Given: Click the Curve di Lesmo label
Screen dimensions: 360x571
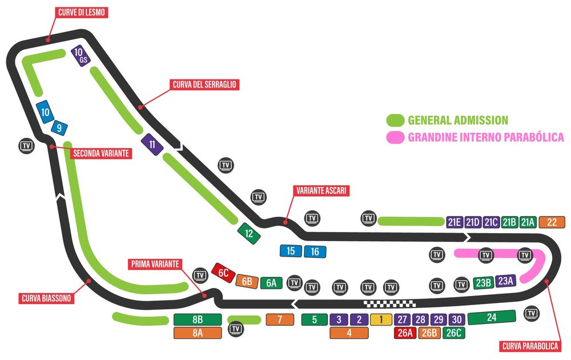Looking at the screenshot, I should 82,12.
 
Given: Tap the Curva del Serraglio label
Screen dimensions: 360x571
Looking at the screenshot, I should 204,85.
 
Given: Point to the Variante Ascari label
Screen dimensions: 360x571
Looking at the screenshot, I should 320,191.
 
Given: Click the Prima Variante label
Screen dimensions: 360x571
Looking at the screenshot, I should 155,264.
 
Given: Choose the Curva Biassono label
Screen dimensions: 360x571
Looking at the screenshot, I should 45,298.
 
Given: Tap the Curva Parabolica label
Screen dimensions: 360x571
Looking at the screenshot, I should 530,346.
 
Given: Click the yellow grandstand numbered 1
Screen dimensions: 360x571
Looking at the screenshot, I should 380,320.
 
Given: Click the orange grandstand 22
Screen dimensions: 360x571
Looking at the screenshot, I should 551,222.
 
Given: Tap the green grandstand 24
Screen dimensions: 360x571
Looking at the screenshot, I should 492,316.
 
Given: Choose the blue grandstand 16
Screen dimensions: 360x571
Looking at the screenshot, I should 315,251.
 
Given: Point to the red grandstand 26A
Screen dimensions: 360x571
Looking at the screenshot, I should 405,333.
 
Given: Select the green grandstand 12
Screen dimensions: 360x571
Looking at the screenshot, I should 249,233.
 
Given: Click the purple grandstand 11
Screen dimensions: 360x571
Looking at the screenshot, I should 152,144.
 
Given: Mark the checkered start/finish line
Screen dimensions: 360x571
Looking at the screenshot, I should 389,303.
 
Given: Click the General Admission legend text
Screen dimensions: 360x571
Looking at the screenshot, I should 457,121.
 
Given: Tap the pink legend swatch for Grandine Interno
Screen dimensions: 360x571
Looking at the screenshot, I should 395,137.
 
